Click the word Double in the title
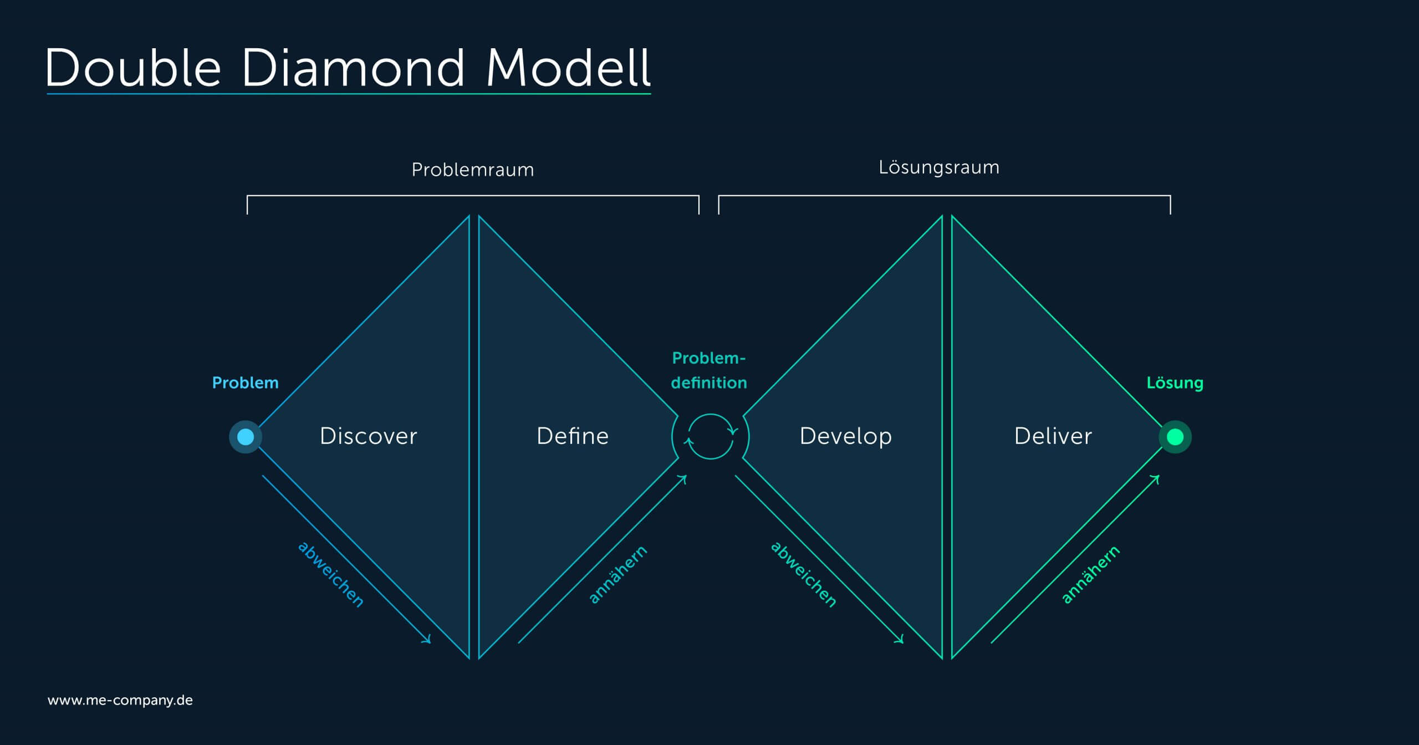(134, 68)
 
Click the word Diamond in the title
(353, 68)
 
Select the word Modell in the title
(568, 68)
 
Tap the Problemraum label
(473, 170)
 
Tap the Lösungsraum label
(939, 168)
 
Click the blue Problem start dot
(246, 437)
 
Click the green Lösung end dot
(1175, 437)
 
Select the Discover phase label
(368, 436)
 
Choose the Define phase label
(573, 436)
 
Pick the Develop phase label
(846, 437)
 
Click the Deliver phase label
(1053, 436)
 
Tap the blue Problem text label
(246, 383)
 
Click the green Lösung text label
(1175, 383)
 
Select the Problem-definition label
(709, 370)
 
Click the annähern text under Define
(617, 574)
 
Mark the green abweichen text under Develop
(804, 574)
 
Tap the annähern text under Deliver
(1090, 574)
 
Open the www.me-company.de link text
(120, 701)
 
